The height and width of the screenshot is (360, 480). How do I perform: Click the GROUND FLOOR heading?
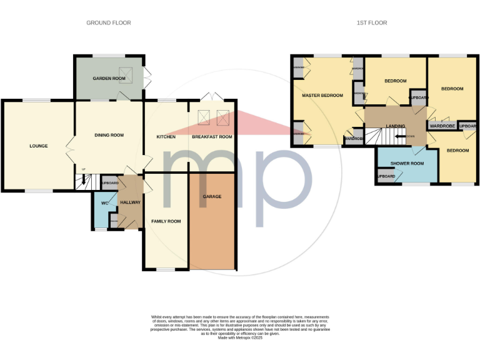[x=108, y=23]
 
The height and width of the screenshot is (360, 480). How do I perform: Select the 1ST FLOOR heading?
[x=371, y=23]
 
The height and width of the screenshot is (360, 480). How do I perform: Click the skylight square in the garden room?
[x=126, y=75]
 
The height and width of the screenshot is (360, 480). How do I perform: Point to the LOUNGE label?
[x=38, y=146]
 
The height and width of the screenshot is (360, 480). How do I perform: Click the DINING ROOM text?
[x=109, y=135]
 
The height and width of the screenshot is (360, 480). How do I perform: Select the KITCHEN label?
[x=165, y=137]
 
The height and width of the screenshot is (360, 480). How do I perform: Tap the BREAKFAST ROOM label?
[x=212, y=137]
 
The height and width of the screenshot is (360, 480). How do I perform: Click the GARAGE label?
[x=212, y=197]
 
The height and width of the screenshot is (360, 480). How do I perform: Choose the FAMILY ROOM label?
[x=166, y=221]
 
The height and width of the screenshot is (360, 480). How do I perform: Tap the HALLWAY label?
[x=131, y=202]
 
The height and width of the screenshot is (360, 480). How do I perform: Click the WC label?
[x=104, y=202]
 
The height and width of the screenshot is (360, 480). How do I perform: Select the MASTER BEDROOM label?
[x=322, y=96]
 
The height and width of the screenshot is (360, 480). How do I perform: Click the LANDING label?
[x=396, y=126]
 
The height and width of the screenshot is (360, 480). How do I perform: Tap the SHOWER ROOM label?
[x=407, y=164]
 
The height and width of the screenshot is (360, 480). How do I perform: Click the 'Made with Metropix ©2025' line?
[x=240, y=338]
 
